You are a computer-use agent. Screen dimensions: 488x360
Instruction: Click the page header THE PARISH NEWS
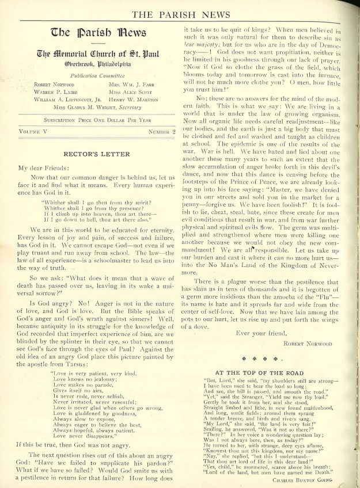(180, 14)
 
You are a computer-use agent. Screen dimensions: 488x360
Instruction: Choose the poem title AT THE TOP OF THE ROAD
(264, 373)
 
